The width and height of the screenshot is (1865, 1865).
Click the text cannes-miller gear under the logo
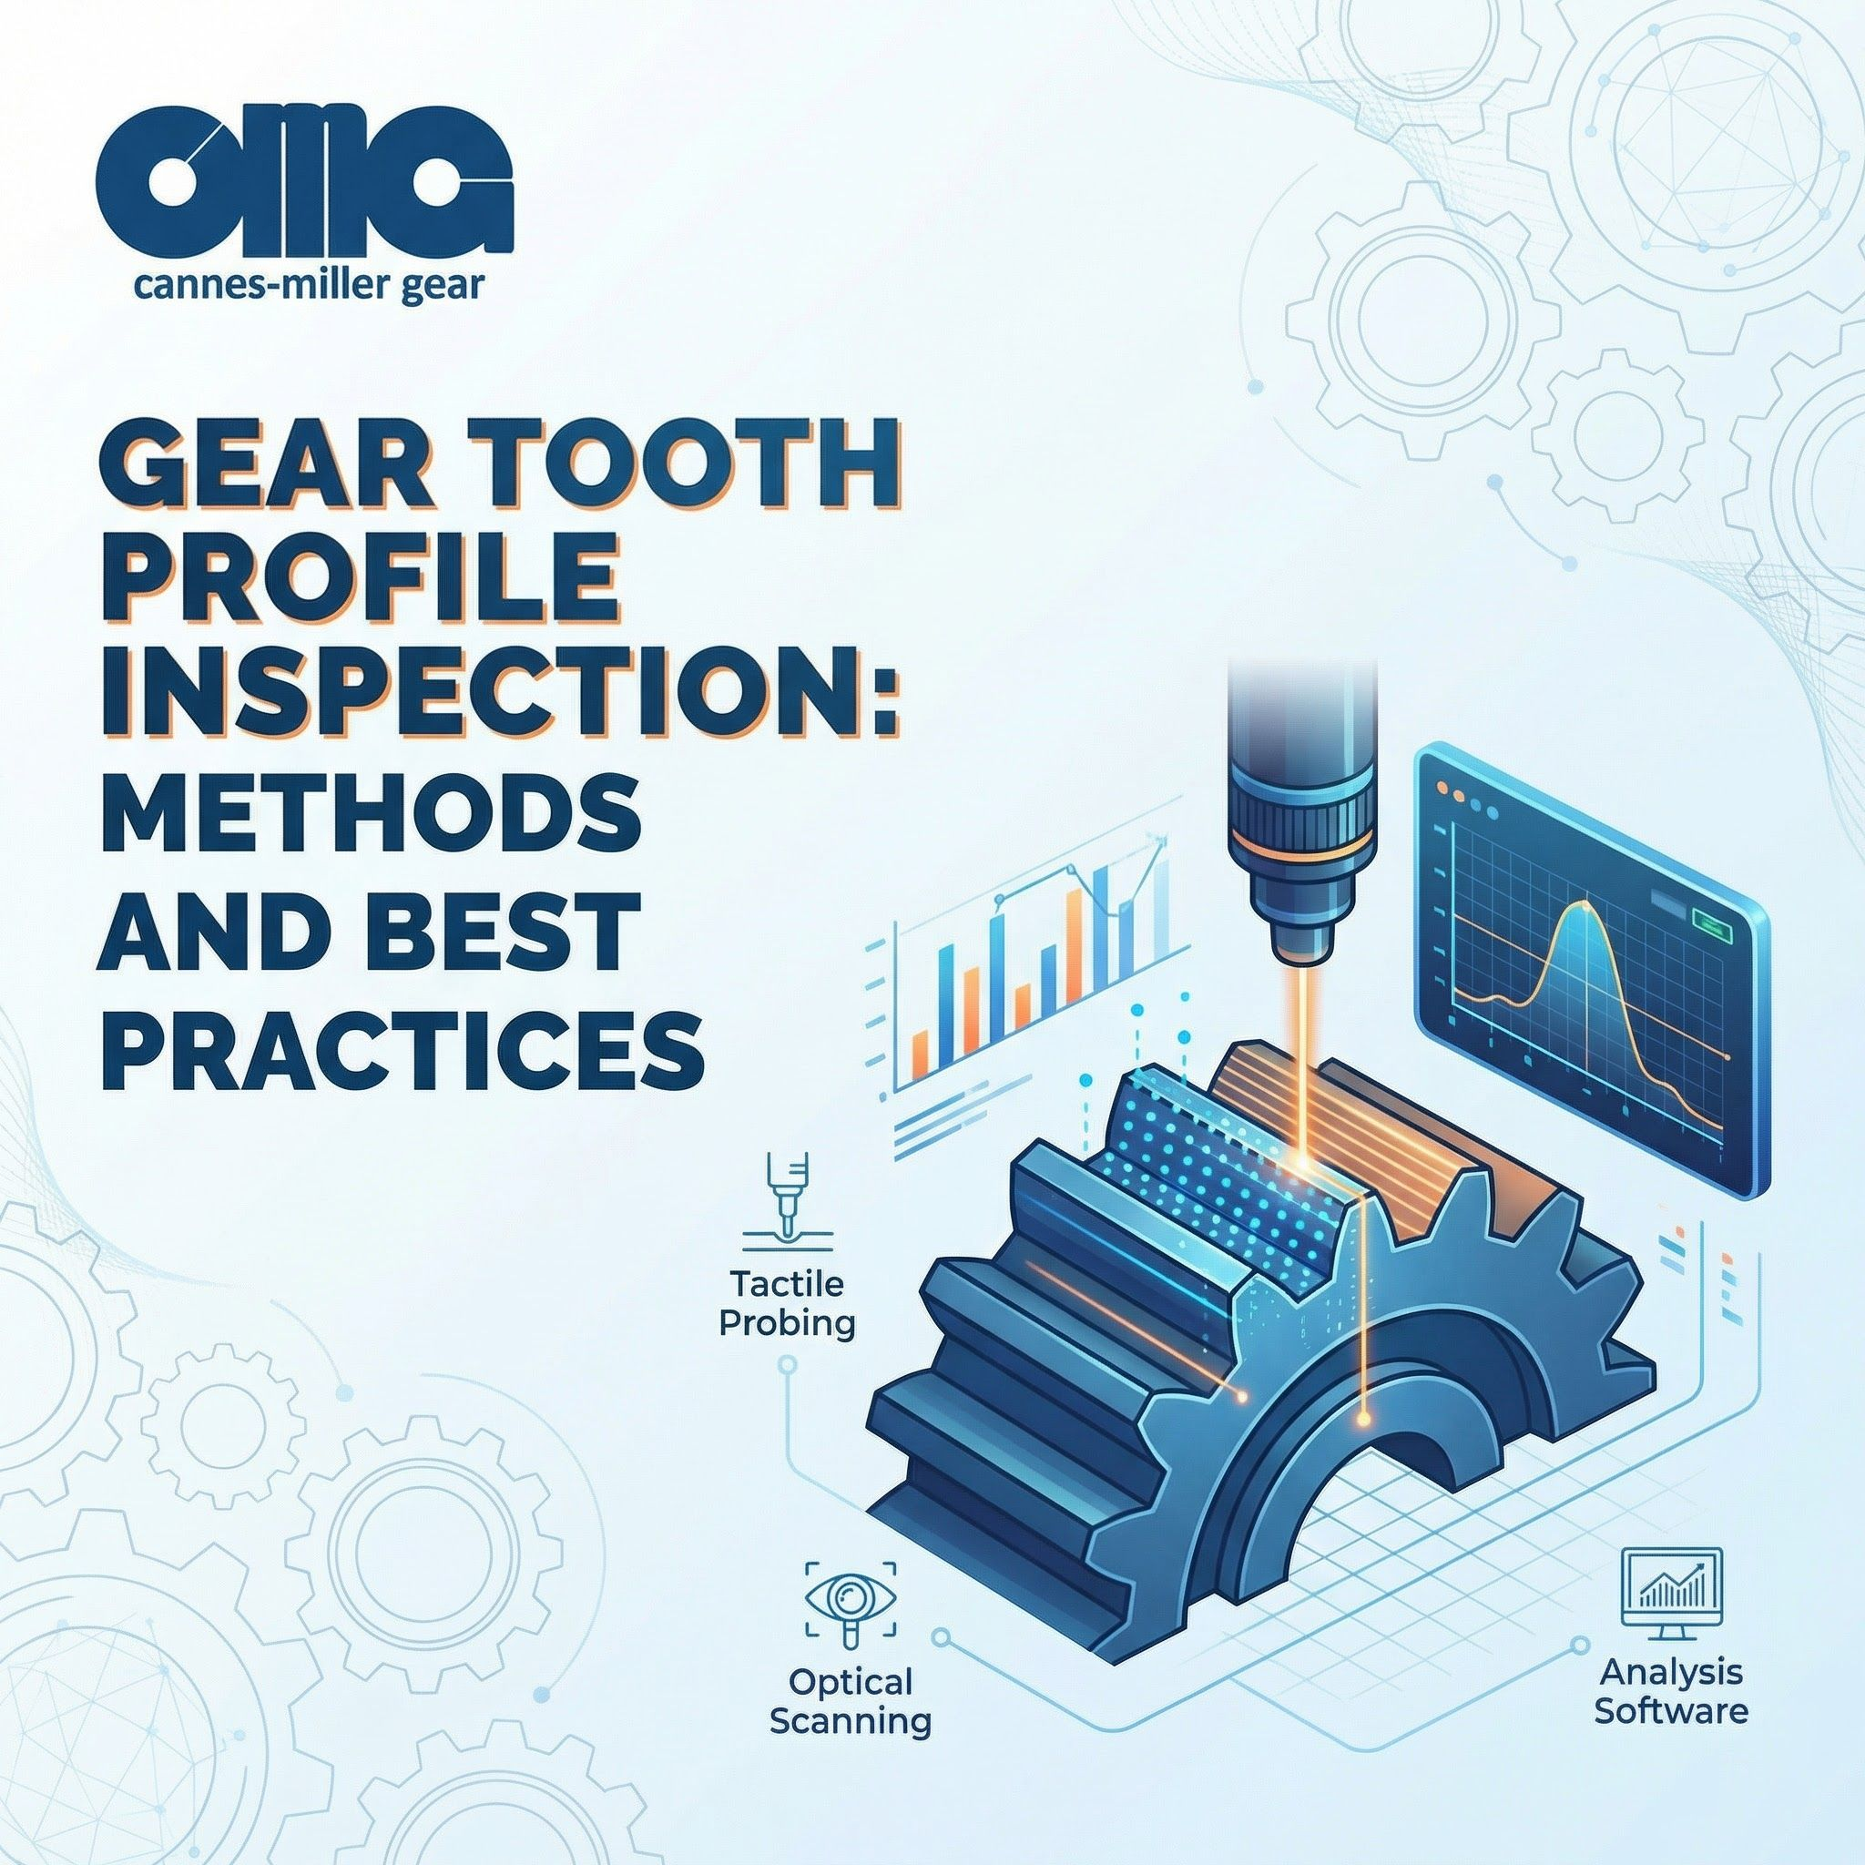[x=309, y=287]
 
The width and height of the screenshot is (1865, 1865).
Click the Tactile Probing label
[x=787, y=1303]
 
